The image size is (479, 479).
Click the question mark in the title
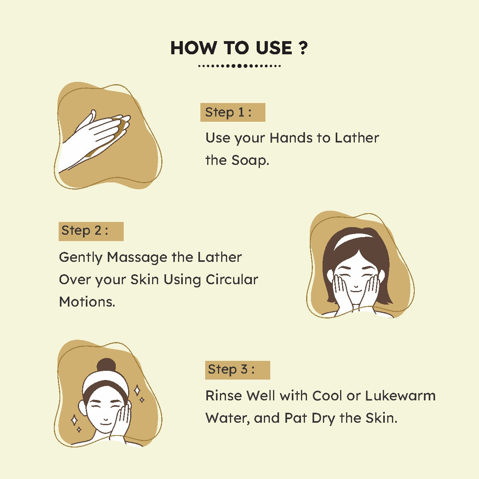coord(303,48)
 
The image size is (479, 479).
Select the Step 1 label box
coord(233,112)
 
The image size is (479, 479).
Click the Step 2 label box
coord(91,231)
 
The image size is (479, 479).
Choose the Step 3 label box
coord(238,370)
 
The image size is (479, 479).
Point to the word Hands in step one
coord(291,138)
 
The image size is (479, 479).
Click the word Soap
coord(250,160)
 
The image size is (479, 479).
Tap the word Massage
coord(137,258)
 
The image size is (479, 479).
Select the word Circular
coord(232,280)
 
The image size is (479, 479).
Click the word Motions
coord(87,302)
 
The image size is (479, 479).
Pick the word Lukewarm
coord(400,396)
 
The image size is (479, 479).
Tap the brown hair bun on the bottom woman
coord(107,365)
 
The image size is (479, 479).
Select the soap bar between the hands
coord(121,125)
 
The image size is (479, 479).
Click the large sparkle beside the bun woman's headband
coord(137,390)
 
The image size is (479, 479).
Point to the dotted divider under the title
coord(239,66)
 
